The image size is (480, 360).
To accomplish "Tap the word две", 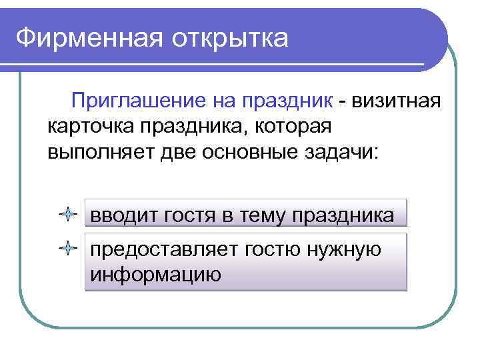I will [x=179, y=151].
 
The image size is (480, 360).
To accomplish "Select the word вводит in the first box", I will [x=122, y=215].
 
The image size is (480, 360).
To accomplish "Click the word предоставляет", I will [x=163, y=249].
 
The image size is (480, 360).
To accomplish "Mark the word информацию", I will [x=155, y=273].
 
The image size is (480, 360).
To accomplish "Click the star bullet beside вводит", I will [x=68, y=215].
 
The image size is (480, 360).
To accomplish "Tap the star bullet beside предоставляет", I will [x=68, y=249].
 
